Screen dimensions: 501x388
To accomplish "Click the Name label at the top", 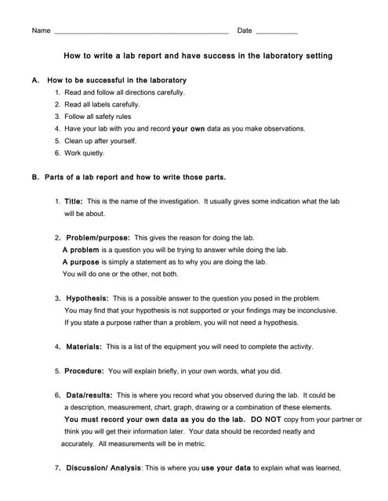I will (41, 31).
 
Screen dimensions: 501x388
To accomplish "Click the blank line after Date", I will (277, 33).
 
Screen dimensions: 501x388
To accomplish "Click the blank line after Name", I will (141, 33).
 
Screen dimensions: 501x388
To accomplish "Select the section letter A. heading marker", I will (35, 81).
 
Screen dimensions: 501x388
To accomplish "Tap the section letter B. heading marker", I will (35, 178).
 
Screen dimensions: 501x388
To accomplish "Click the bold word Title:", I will (74, 201).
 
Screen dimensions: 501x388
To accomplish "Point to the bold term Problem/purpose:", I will (98, 237).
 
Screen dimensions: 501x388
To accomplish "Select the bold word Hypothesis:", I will (88, 298).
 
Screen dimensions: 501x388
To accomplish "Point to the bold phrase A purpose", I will (81, 262).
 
